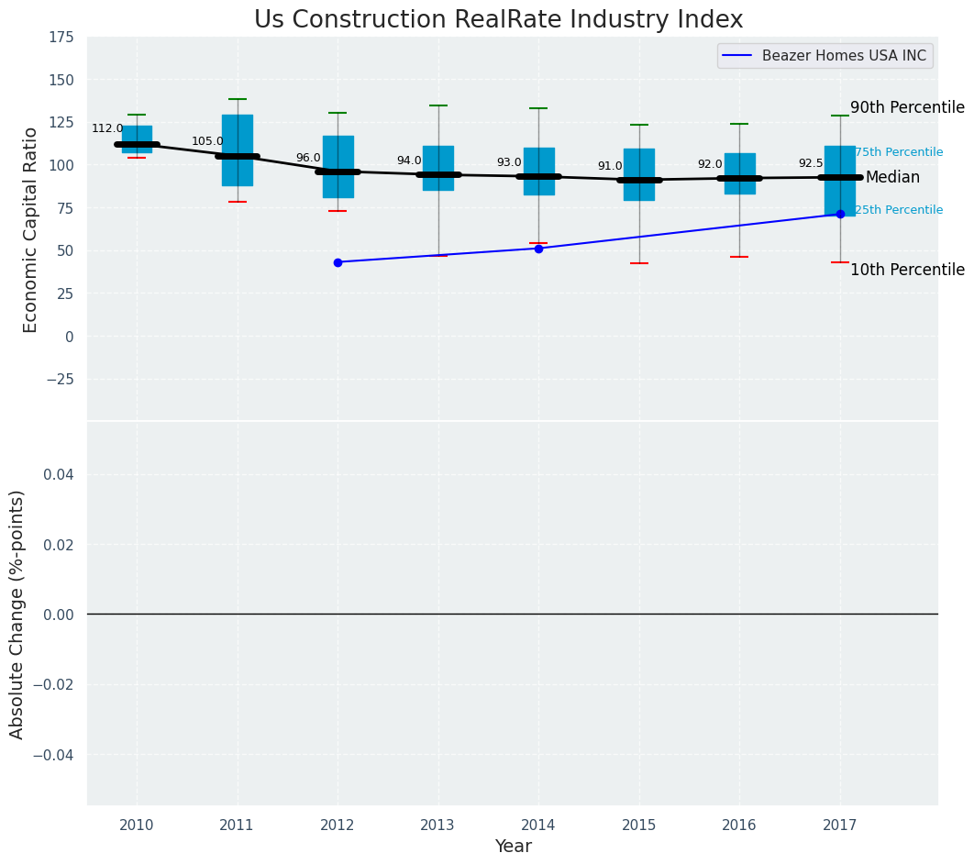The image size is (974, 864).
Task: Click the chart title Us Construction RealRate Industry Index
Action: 498,20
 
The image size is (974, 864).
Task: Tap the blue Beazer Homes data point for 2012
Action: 338,262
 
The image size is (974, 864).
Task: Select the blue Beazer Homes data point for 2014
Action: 538,249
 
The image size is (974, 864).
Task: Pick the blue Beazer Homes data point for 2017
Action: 840,214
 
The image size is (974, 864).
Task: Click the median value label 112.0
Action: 107,128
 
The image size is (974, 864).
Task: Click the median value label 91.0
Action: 610,166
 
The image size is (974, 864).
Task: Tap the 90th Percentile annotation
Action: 907,107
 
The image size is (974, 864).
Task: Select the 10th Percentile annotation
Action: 907,270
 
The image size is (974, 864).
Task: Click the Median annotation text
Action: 892,177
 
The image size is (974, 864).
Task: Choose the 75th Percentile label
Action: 899,152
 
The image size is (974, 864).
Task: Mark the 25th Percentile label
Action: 899,210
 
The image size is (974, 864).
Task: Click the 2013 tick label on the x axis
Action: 437,825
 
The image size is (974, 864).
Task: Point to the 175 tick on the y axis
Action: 62,38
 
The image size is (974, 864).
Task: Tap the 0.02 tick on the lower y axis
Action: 57,545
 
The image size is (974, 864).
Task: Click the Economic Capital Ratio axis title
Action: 31,229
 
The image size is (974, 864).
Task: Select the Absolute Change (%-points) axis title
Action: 17,614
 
